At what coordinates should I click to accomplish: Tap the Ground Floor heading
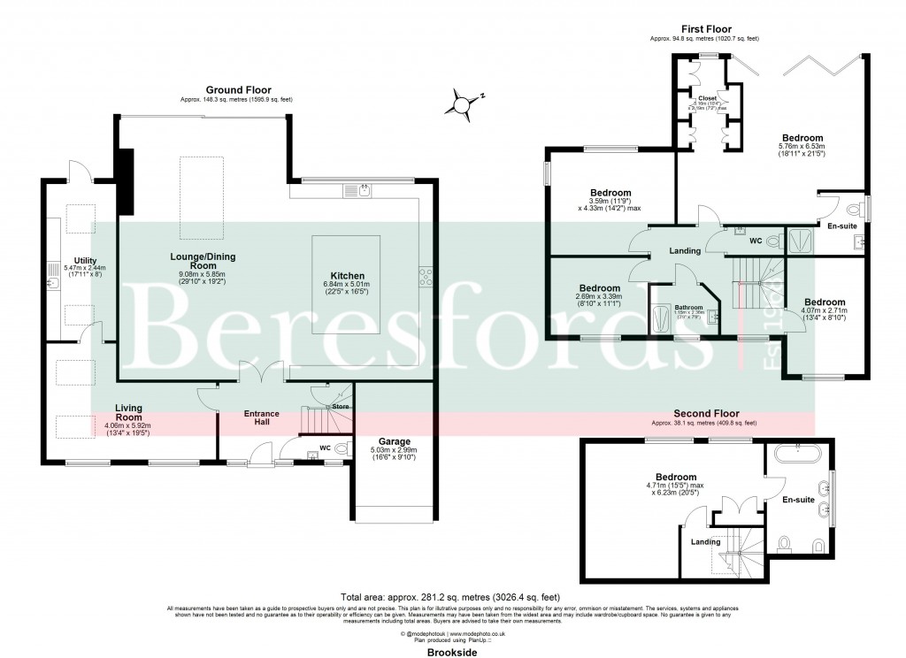point(238,90)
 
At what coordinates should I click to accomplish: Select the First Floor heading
point(704,29)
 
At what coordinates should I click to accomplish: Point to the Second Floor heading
point(705,413)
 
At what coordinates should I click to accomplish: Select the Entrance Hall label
point(262,418)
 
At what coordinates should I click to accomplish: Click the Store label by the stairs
point(341,407)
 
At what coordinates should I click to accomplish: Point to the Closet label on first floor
point(707,98)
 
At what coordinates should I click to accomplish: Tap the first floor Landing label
point(685,251)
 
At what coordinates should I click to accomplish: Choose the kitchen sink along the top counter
point(364,189)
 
